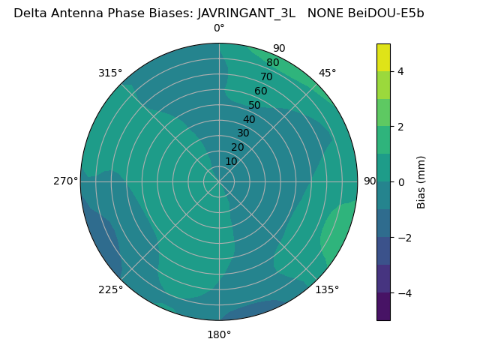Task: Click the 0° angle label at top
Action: click(219, 28)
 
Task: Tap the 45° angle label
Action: click(327, 73)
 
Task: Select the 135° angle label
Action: click(327, 289)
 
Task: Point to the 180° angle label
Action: click(219, 334)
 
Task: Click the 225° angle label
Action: click(110, 289)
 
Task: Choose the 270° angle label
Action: click(65, 181)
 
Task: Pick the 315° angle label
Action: click(110, 73)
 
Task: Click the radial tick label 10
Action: click(231, 161)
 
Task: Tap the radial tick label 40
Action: click(249, 119)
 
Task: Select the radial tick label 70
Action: click(267, 76)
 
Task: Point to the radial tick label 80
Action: click(273, 62)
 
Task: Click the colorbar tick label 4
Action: click(401, 71)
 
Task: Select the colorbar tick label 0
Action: click(401, 181)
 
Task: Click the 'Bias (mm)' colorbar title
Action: click(421, 181)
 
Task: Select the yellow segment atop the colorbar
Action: click(383, 57)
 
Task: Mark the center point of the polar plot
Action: click(219, 181)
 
